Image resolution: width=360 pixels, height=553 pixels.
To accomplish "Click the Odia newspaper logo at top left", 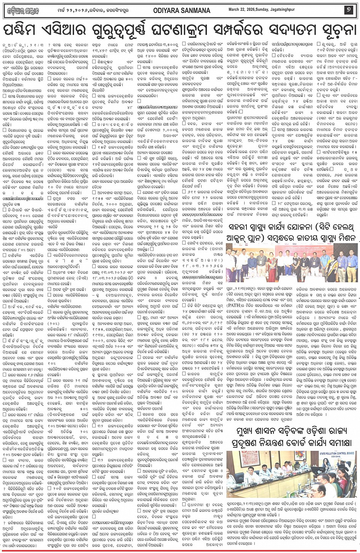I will tap(22, 11).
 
